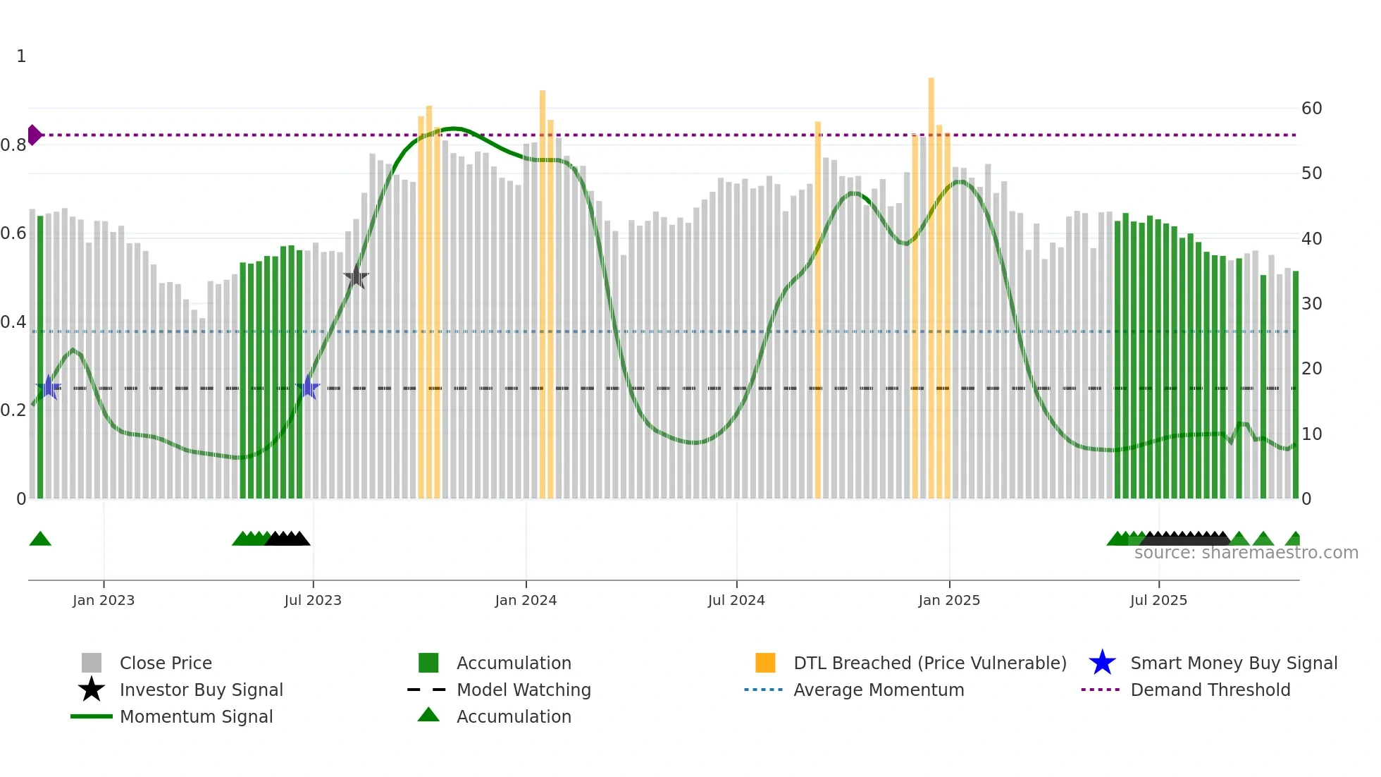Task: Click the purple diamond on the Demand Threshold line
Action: pyautogui.click(x=34, y=135)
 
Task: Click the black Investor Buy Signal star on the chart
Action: pyautogui.click(x=357, y=277)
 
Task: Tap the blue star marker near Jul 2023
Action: pyautogui.click(x=308, y=387)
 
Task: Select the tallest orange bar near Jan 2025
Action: pyautogui.click(x=931, y=282)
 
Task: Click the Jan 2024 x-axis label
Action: pyautogui.click(x=526, y=600)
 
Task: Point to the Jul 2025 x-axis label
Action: pyautogui.click(x=1158, y=600)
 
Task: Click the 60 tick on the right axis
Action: pyautogui.click(x=1311, y=109)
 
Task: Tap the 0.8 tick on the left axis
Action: pyautogui.click(x=13, y=145)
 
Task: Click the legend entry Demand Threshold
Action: pyautogui.click(x=1210, y=690)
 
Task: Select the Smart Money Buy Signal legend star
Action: pyautogui.click(x=1102, y=663)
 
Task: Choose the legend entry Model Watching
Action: pyautogui.click(x=524, y=690)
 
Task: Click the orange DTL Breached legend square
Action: pyautogui.click(x=765, y=663)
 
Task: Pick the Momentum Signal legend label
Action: pyautogui.click(x=196, y=716)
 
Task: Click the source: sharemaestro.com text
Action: pyautogui.click(x=1246, y=553)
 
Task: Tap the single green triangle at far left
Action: pyautogui.click(x=40, y=539)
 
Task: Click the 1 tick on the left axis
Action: pyautogui.click(x=21, y=56)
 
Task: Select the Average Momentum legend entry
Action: pyautogui.click(x=878, y=690)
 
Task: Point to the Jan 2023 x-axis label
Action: pyautogui.click(x=104, y=600)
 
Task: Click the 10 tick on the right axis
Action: pyautogui.click(x=1311, y=434)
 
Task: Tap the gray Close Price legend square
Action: pyautogui.click(x=92, y=663)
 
